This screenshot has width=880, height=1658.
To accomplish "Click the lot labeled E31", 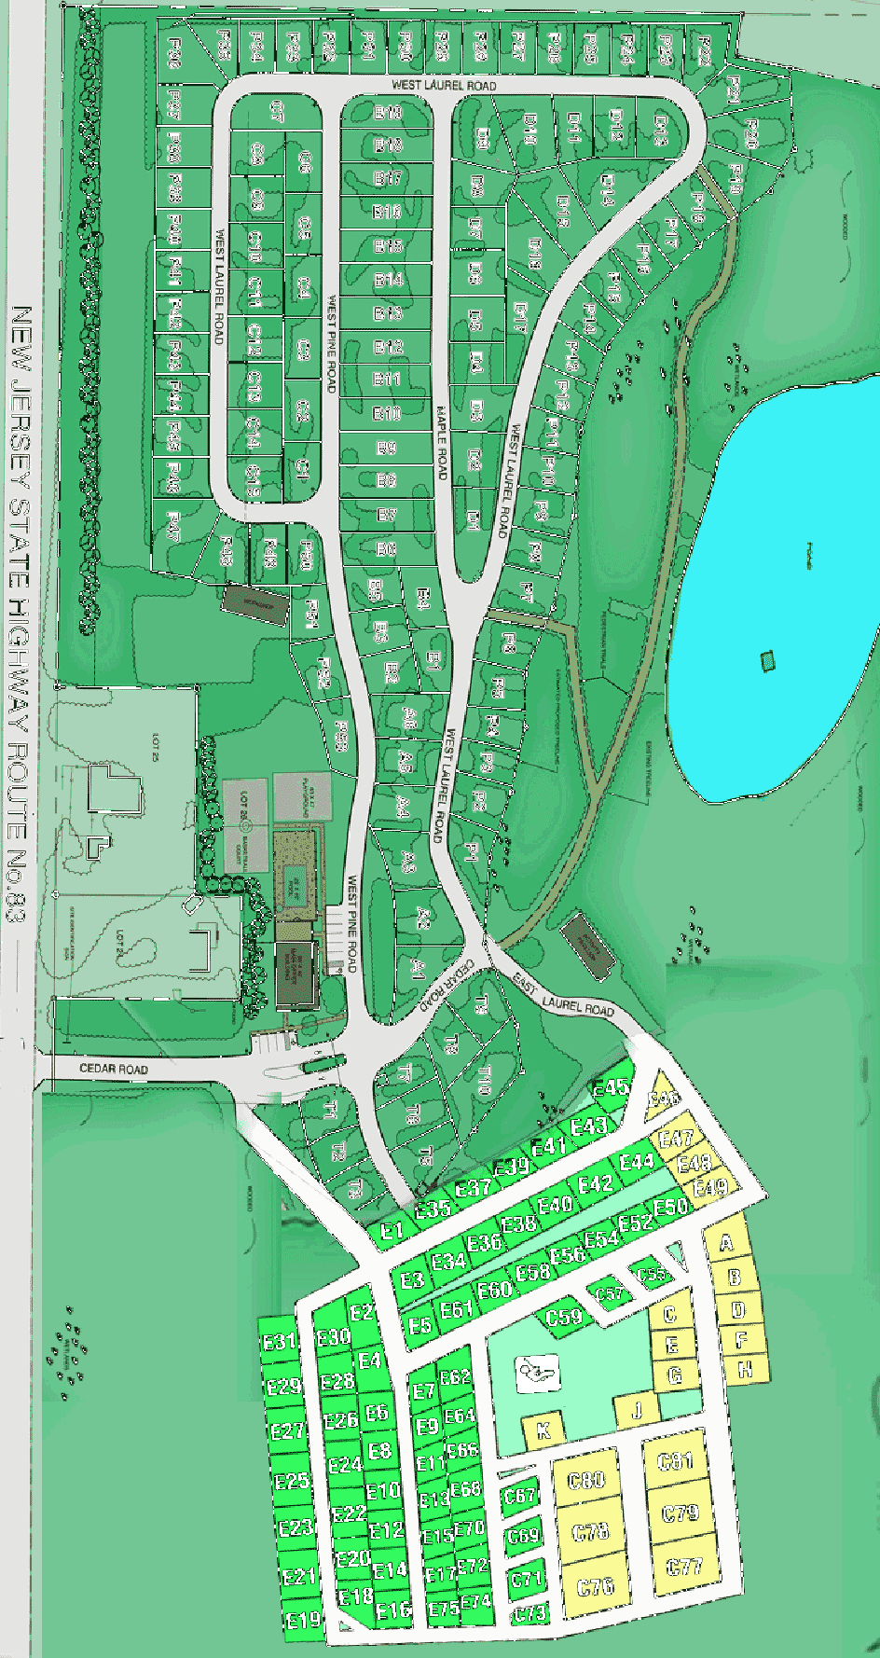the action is point(279,1343).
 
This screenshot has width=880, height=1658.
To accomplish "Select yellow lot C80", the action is point(587,1480).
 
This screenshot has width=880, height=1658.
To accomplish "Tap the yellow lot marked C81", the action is point(676,1461).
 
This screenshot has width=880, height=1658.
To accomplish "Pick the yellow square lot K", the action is point(544,1430).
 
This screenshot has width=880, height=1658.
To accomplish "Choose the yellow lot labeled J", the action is point(638,1411).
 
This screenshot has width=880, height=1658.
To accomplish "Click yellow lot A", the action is point(727,1243).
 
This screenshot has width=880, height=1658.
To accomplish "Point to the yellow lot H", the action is point(745,1370).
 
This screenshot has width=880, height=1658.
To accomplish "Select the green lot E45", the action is point(611,1087).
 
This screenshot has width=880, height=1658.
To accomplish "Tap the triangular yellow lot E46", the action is point(665,1099).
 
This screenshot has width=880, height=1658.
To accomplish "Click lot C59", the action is point(564,1317).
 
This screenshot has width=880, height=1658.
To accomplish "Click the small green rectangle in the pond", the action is point(768,660).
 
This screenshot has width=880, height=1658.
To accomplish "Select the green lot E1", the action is point(392,1231).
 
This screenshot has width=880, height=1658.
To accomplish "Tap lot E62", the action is point(456,1376).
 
